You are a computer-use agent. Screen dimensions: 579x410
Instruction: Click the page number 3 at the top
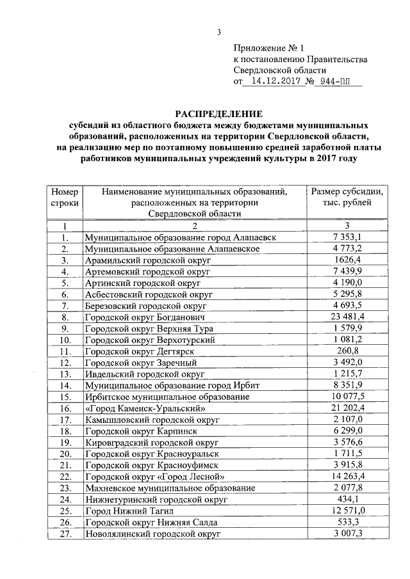click(x=218, y=33)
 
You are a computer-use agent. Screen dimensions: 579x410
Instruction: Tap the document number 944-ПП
click(x=337, y=82)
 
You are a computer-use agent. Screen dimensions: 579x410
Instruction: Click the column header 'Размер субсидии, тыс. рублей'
click(x=347, y=197)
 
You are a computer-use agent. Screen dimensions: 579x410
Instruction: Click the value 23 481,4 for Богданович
click(x=347, y=317)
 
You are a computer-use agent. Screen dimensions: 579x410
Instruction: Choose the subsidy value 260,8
click(x=347, y=351)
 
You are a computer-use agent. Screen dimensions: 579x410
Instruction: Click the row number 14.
click(x=64, y=385)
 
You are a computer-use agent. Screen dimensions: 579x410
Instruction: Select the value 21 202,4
click(x=347, y=408)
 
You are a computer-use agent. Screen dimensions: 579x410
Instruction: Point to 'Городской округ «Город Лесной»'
click(x=155, y=476)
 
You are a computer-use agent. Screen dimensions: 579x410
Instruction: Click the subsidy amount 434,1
click(x=347, y=499)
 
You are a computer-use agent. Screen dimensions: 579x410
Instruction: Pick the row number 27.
click(x=64, y=533)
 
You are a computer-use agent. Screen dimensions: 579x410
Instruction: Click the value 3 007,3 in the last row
click(x=347, y=533)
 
